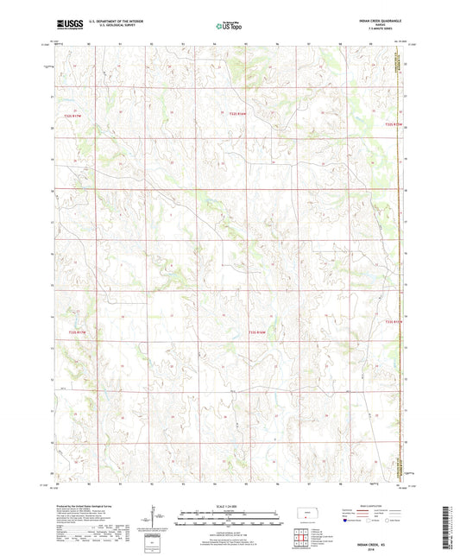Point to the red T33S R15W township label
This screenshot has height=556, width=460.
[394, 322]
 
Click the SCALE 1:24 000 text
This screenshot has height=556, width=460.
[230, 505]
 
